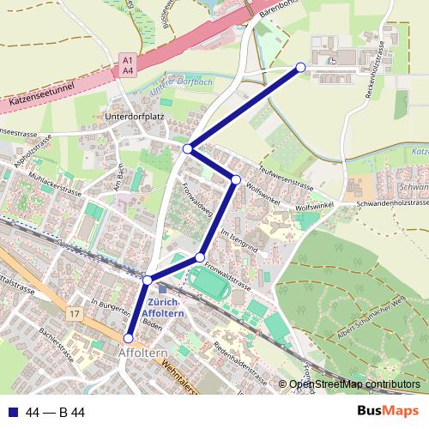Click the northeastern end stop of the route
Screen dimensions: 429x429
300,67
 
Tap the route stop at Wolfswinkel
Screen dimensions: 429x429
235,179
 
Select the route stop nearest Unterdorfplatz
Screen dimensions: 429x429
188,149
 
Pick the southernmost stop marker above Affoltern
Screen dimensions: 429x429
130,338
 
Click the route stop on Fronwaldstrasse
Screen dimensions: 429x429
200,257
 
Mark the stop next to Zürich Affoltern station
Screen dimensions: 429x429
148,281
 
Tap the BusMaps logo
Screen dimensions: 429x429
389,413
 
